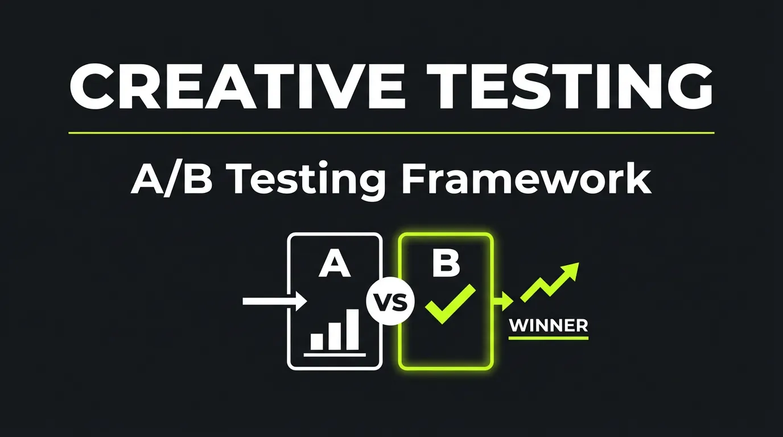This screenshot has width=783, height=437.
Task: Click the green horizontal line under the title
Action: (x=391, y=133)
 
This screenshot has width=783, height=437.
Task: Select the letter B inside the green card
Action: (x=445, y=263)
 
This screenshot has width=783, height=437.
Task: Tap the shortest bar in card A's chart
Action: (x=316, y=341)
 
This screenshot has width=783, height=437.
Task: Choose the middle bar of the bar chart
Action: (x=335, y=336)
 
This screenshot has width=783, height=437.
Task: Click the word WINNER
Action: (x=548, y=326)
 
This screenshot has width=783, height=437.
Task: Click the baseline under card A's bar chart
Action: (x=335, y=354)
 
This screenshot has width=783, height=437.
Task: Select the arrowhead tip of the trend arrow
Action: (x=572, y=270)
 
